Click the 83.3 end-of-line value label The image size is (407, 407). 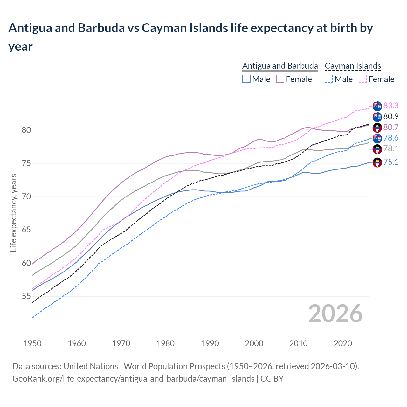click(x=391, y=106)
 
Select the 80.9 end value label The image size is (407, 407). click(x=391, y=116)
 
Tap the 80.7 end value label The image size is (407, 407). click(x=391, y=127)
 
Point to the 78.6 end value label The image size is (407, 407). click(x=391, y=138)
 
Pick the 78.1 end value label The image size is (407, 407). click(x=391, y=148)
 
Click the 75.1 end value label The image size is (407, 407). click(x=391, y=162)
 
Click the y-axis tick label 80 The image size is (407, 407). click(x=26, y=130)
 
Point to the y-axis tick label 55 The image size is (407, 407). click(x=26, y=296)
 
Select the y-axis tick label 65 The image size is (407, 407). click(x=26, y=230)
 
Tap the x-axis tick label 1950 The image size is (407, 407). click(x=32, y=343)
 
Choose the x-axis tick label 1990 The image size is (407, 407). click(x=210, y=343)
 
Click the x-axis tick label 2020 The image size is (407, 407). click(x=343, y=343)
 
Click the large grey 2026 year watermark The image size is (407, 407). click(x=335, y=314)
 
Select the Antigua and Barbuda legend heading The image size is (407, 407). click(x=280, y=66)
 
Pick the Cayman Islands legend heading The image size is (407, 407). click(x=353, y=66)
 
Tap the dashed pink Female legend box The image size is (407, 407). click(x=362, y=79)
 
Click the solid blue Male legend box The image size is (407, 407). click(x=246, y=79)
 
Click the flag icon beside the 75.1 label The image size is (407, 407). click(x=377, y=162)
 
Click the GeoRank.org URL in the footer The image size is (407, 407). click(x=133, y=379)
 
